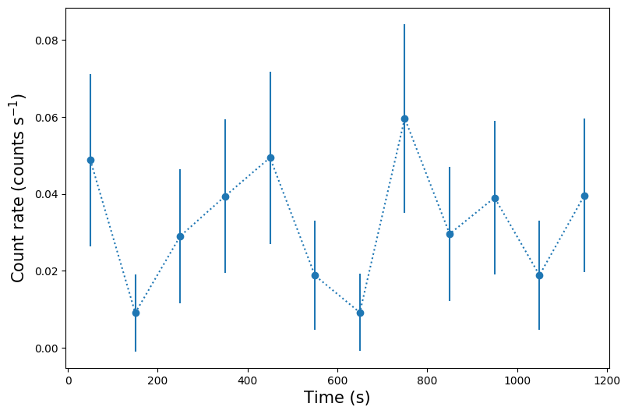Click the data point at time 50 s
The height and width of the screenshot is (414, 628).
(x=90, y=160)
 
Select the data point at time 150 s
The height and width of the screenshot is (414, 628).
(x=136, y=313)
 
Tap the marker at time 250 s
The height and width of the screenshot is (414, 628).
(x=180, y=236)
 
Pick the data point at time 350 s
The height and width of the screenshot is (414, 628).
(x=225, y=196)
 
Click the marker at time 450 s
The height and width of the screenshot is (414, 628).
(x=270, y=157)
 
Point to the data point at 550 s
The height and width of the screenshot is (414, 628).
(x=315, y=275)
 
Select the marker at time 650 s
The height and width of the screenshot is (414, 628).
(x=360, y=313)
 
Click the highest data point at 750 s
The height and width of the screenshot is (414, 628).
(x=404, y=119)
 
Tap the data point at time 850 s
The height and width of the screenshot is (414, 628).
(x=450, y=234)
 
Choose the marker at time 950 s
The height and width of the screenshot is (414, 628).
(x=495, y=198)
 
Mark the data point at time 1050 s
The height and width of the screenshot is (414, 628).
(x=539, y=275)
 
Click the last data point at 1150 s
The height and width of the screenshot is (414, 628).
(x=584, y=196)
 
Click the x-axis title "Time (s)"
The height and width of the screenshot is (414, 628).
(x=337, y=398)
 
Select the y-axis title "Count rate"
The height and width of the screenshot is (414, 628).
(x=19, y=187)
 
